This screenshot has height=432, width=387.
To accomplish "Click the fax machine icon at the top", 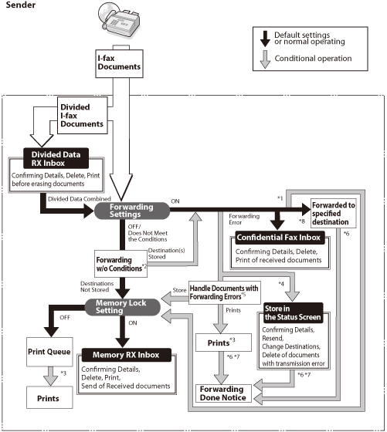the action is coord(119,19).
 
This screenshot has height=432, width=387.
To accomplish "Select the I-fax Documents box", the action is coord(119,63).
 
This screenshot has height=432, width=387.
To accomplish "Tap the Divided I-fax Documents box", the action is coord(82,116).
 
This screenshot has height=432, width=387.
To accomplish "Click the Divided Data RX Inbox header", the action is coord(56,158).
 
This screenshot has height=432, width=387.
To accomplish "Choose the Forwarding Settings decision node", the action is coord(132,211).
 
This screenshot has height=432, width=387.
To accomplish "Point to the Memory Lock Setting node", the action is coord(122,307).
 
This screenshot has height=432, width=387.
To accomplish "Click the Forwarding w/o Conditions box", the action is coord(121,264).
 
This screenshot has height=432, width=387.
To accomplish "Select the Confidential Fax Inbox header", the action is coord(280,238).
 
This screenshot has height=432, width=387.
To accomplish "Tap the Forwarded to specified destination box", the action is coord(334,213).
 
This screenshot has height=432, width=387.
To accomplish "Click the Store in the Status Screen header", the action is coord(293,312).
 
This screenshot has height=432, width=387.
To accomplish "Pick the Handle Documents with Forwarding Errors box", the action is coord(224,292).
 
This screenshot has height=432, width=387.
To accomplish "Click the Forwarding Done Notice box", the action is coord(223,393).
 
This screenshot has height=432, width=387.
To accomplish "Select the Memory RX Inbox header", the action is coord(127,355).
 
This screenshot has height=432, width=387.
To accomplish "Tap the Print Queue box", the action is coord(49,352).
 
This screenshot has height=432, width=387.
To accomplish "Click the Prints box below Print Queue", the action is coord(49,397).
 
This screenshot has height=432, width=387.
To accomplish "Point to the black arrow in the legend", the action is coord(265,39).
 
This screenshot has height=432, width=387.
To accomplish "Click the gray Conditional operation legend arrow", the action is coord(265,59).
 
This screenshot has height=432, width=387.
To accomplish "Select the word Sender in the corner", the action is coord(21,5).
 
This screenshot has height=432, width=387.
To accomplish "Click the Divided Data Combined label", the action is coord(80,199).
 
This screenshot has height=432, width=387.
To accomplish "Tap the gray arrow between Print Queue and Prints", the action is coord(51,376).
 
